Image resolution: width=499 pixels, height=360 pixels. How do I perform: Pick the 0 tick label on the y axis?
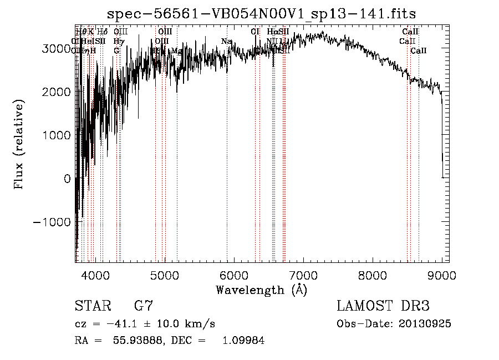(x=68, y=179)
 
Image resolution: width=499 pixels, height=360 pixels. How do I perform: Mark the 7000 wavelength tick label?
(x=303, y=275)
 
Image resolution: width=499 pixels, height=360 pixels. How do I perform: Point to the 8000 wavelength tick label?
(x=372, y=275)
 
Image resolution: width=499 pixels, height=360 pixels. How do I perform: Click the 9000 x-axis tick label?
(x=441, y=275)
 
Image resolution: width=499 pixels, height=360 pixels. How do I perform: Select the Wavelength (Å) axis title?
(x=261, y=290)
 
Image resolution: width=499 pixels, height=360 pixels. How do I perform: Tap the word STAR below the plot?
(x=92, y=306)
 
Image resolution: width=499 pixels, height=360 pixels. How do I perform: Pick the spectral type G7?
(x=143, y=306)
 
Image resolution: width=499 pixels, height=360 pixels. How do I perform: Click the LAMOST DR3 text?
(x=383, y=306)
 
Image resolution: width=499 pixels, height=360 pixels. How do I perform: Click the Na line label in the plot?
(x=226, y=41)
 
